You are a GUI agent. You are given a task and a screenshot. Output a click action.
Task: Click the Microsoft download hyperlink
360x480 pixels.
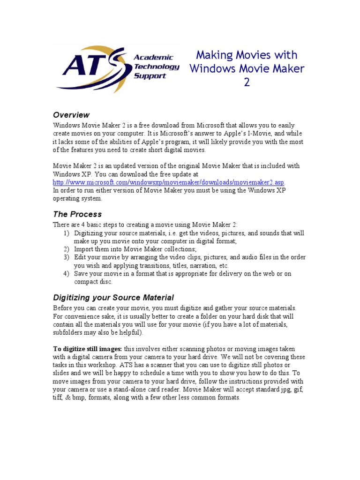(169, 182)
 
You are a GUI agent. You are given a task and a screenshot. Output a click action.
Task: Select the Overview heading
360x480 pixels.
(71, 115)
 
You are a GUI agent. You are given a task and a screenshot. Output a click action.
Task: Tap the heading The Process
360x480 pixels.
(77, 214)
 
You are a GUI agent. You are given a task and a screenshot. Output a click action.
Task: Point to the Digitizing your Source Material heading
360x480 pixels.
(113, 297)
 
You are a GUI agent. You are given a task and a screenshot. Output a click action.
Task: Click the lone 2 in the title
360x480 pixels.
(247, 82)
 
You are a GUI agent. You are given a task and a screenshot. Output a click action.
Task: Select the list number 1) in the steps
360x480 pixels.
(66, 233)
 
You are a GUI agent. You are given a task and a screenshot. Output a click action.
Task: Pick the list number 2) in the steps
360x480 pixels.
(66, 249)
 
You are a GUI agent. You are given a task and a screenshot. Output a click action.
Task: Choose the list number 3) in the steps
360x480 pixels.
(66, 257)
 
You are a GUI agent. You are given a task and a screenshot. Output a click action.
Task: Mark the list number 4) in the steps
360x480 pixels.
(66, 274)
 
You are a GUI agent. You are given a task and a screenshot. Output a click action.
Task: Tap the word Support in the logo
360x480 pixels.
(150, 75)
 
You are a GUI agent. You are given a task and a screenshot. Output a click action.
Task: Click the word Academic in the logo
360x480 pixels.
(153, 57)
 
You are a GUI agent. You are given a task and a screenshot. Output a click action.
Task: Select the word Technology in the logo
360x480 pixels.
(157, 67)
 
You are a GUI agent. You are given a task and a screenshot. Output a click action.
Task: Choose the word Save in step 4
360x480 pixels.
(82, 274)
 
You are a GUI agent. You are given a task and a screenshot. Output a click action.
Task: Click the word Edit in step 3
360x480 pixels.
(81, 257)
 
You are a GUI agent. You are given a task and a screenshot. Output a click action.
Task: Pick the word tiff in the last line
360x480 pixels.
(58, 397)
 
